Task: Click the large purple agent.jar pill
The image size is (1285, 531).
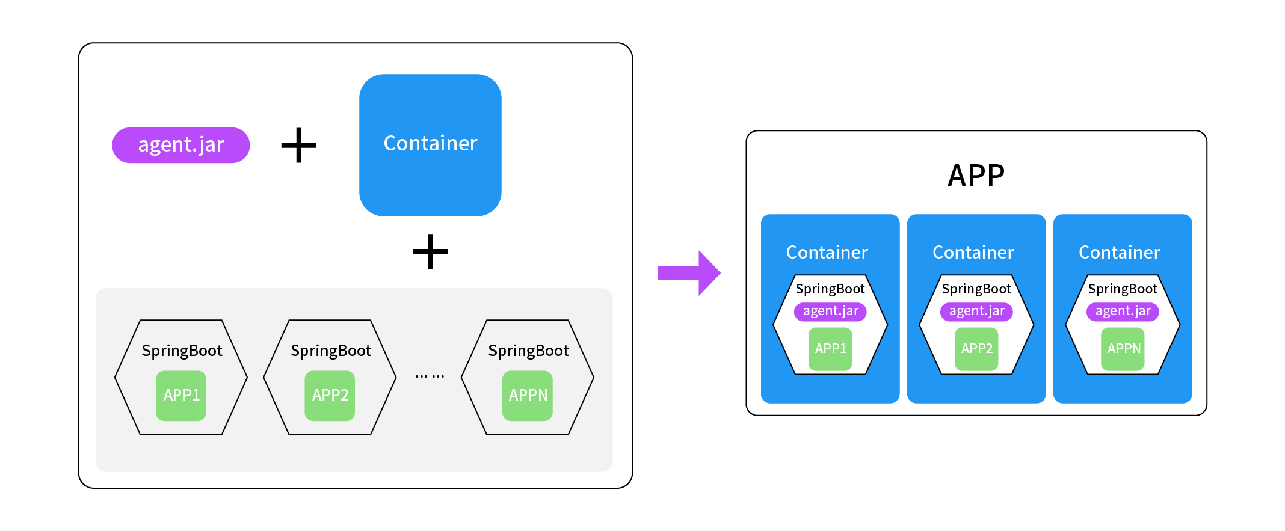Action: [180, 145]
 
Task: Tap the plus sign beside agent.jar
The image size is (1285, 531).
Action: [299, 145]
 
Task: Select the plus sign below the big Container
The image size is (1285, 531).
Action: [430, 251]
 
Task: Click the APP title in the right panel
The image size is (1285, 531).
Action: [976, 176]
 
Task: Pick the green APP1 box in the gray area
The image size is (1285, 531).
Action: [181, 395]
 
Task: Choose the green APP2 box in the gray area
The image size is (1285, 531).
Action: [330, 395]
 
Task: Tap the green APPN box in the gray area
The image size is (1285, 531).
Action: [528, 395]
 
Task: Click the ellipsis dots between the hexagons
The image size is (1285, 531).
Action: [430, 376]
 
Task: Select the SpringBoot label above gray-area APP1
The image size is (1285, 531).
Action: [182, 351]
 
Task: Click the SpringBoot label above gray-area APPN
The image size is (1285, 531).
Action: [528, 351]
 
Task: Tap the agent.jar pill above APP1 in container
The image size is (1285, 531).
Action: [830, 311]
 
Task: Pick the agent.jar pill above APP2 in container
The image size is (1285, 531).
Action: [976, 311]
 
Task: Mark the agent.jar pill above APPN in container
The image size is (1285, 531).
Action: [1123, 311]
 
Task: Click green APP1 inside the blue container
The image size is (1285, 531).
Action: [830, 349]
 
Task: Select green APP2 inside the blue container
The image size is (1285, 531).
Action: [976, 349]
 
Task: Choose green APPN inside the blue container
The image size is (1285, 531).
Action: [1123, 349]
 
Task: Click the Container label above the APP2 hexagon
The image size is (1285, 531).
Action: [973, 253]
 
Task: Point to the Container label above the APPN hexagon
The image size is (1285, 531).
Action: [1119, 253]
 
